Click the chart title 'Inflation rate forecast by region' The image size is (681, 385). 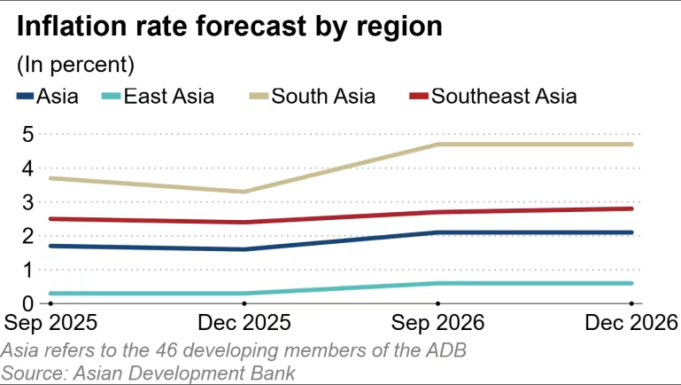click(229, 27)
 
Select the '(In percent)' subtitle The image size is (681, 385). click(75, 66)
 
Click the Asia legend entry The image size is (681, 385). click(48, 96)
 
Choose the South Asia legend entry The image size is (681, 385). click(311, 96)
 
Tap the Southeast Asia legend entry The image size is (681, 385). click(492, 96)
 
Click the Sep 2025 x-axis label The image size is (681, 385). click(50, 320)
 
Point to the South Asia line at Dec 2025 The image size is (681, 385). click(244, 192)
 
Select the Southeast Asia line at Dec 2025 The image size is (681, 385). click(244, 223)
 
